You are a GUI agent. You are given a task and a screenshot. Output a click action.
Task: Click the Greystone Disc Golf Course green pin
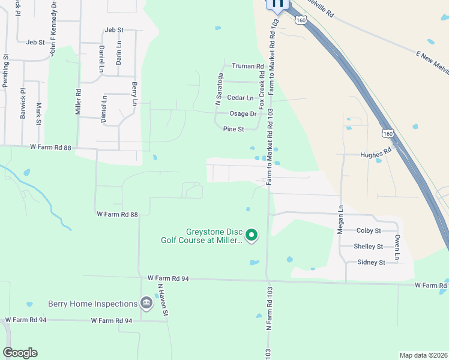click(x=252, y=235)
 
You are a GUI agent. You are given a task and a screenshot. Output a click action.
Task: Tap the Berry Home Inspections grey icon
click(x=146, y=302)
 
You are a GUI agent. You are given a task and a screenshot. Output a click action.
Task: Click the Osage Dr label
click(x=243, y=113)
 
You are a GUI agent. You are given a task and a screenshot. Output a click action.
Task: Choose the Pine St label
click(x=234, y=129)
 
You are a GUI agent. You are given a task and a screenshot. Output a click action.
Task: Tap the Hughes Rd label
click(x=375, y=154)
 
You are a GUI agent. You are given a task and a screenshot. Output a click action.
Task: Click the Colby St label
click(x=369, y=230)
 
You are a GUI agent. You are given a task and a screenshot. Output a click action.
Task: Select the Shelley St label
click(x=368, y=247)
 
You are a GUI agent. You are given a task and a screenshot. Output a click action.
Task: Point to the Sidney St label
click(x=371, y=262)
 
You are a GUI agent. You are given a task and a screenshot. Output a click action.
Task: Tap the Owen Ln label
click(x=397, y=247)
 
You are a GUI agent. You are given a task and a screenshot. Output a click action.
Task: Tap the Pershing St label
click(x=5, y=72)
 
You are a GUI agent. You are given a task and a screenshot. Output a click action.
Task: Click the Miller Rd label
click(x=78, y=102)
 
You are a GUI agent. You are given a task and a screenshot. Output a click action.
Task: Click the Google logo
click(x=20, y=353)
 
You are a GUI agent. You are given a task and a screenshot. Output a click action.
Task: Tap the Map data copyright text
click(x=423, y=355)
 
